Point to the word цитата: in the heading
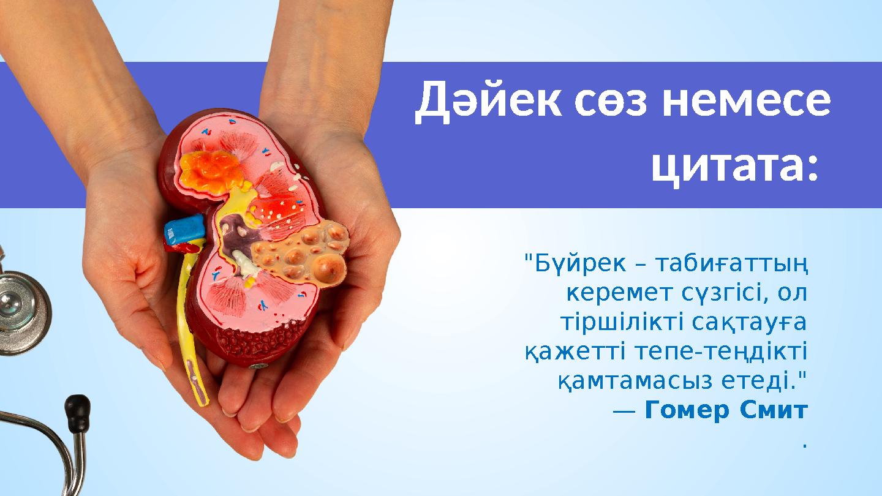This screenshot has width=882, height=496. tap(735, 166)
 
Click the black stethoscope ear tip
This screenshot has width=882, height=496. tap(78, 406)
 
